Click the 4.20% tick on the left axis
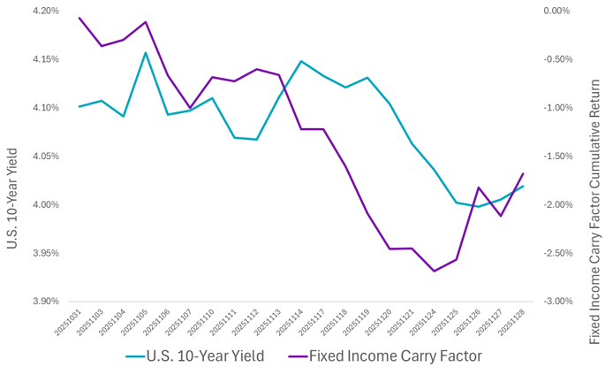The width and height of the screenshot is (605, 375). tap(44, 11)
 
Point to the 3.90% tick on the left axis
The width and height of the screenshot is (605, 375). tap(44, 302)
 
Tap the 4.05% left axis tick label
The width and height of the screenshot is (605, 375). tap(44, 157)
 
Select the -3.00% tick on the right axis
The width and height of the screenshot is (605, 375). tap(557, 302)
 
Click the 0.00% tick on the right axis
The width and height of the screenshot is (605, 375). tap(556, 11)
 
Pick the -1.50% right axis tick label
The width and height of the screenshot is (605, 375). tap(557, 157)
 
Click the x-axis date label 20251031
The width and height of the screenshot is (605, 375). tap(69, 323)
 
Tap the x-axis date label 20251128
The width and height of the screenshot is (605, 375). tap(513, 323)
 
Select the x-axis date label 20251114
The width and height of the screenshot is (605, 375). tap(291, 323)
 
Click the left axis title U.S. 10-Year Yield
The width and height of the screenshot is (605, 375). tap(12, 157)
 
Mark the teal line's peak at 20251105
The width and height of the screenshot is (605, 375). tap(146, 52)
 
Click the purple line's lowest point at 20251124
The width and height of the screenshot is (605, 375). tap(435, 271)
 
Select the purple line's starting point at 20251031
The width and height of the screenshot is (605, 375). tap(79, 18)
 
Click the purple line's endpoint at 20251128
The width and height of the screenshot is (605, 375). tap(524, 173)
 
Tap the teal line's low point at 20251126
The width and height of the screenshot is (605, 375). tap(479, 206)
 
